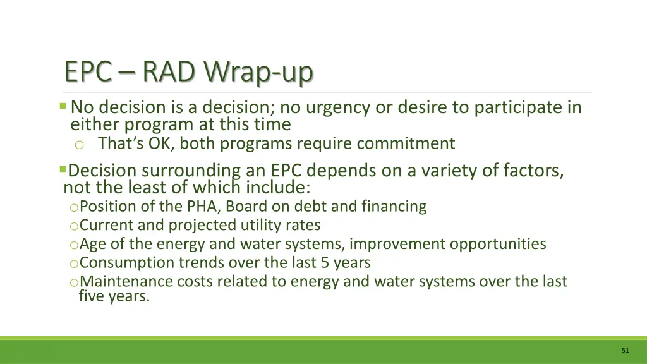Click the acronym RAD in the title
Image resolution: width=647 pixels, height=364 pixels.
pyautogui.click(x=169, y=73)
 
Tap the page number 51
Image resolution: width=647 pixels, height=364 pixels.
pyautogui.click(x=625, y=350)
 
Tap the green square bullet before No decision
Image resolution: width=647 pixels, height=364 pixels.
pyautogui.click(x=63, y=106)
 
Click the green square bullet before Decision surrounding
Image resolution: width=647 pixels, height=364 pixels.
pyautogui.click(x=63, y=169)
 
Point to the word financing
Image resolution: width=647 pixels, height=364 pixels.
pyautogui.click(x=394, y=207)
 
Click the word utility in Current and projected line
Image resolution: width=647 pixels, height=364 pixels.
pyautogui.click(x=265, y=225)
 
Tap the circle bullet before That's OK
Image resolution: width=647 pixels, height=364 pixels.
pyautogui.click(x=79, y=145)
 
